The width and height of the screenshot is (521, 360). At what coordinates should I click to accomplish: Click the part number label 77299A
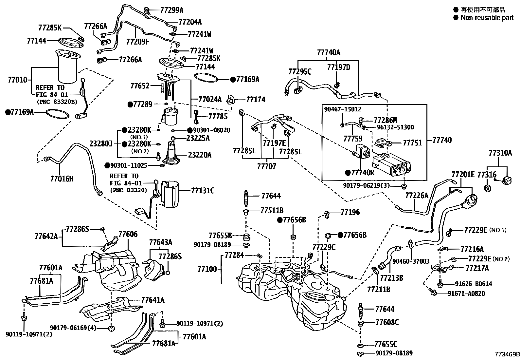pyautogui.click(x=172, y=10)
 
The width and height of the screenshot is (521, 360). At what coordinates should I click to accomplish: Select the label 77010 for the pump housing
pyautogui.click(x=17, y=80)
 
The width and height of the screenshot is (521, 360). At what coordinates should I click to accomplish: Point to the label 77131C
pyautogui.click(x=203, y=191)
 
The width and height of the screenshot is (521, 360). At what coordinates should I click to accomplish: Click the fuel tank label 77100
pyautogui.click(x=207, y=269)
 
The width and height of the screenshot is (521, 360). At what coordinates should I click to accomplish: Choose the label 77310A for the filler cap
pyautogui.click(x=500, y=153)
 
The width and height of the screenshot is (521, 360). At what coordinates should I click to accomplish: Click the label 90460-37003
pyautogui.click(x=411, y=261)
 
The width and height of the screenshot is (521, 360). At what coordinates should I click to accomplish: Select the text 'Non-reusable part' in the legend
pyautogui.click(x=487, y=18)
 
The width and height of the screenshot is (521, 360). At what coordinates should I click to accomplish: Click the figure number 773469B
pyautogui.click(x=507, y=354)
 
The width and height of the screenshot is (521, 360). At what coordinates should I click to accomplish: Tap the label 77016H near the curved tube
pyautogui.click(x=62, y=179)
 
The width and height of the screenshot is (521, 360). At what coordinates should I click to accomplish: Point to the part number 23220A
pyautogui.click(x=200, y=155)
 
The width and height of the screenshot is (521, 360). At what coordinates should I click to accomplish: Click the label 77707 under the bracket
pyautogui.click(x=266, y=166)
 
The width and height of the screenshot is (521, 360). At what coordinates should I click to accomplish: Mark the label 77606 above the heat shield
pyautogui.click(x=128, y=234)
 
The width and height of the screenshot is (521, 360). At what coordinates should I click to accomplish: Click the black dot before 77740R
pyautogui.click(x=348, y=173)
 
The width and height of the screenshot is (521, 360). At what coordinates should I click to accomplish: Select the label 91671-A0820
pyautogui.click(x=466, y=294)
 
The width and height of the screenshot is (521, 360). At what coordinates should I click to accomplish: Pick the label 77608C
pyautogui.click(x=387, y=322)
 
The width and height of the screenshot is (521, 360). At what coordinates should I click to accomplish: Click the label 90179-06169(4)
pyautogui.click(x=73, y=328)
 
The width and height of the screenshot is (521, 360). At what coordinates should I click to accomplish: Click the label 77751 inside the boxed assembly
pyautogui.click(x=412, y=143)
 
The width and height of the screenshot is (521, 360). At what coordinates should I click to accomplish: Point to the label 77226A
pyautogui.click(x=417, y=195)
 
